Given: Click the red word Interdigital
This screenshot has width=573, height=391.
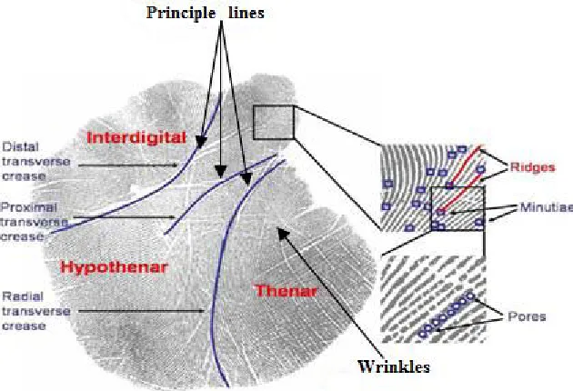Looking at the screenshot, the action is tap(136, 138).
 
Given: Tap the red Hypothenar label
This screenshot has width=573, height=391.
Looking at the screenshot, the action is tap(114, 267).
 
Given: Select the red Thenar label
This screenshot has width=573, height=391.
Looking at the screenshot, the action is tap(286, 291).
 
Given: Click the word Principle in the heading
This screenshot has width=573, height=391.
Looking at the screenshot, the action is tap(181, 13).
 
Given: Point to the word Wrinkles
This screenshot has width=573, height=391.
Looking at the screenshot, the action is tap(394, 366).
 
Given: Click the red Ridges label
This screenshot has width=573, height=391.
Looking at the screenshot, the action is tap(532, 167).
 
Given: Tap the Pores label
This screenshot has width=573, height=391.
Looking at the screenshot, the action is tap(527, 316).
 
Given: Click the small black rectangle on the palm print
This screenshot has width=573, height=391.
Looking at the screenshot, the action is tap(274, 123).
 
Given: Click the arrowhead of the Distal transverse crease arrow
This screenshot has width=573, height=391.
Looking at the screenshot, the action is tap(175, 165).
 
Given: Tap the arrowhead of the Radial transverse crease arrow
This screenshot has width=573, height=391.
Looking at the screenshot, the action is tap(201, 311).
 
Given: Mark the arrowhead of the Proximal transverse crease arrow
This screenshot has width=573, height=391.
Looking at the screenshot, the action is tap(173, 217).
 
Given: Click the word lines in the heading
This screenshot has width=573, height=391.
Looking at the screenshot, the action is tap(246, 13).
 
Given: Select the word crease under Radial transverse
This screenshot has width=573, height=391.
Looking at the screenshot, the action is tap(25, 326).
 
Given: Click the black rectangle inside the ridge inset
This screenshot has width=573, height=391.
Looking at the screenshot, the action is tap(457, 208).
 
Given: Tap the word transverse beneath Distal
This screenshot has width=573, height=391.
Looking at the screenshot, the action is tap(36, 162).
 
